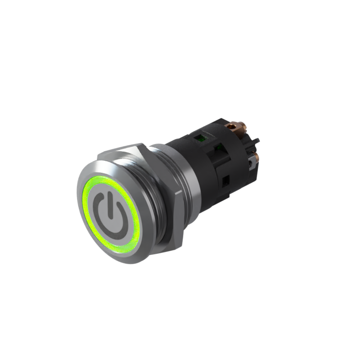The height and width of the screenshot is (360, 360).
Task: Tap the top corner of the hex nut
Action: click(x=140, y=145)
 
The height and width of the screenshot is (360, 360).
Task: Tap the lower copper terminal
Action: click(x=256, y=157)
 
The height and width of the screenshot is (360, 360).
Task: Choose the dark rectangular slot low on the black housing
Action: click(x=226, y=181)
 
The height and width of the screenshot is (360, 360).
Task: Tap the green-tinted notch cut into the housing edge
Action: click(x=219, y=147)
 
